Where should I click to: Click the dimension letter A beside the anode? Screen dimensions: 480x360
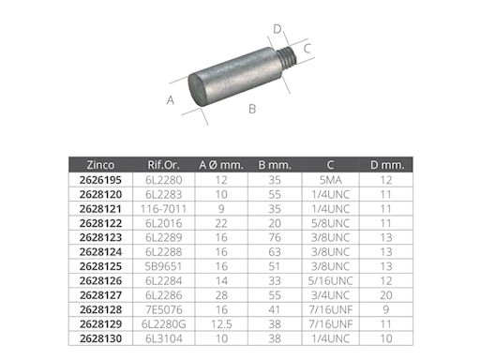171,100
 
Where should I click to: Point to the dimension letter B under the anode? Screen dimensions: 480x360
252,109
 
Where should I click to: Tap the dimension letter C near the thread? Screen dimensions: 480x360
307,49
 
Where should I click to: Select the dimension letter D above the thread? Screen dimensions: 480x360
277,29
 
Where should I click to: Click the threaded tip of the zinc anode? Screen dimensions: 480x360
287,57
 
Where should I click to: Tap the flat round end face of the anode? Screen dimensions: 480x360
196,89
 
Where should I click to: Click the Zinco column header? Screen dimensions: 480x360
100,165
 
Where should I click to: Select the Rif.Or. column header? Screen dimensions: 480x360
164,165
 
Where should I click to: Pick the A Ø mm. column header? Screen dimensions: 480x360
221,165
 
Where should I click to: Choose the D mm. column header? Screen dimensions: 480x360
387,165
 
